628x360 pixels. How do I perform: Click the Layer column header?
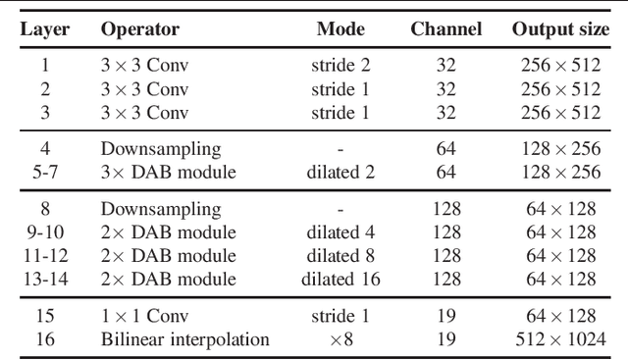tap(46, 30)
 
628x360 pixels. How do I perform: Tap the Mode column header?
tap(340, 30)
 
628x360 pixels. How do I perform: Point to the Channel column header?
tap(446, 30)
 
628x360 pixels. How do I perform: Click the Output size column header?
tap(559, 30)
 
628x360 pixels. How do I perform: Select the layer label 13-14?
tap(46, 280)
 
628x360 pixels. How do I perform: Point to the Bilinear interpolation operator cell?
tap(184, 340)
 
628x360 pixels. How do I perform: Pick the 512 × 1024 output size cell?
tap(559, 340)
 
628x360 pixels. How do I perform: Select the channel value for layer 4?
tap(446, 150)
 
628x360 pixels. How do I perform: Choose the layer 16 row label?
tap(46, 340)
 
